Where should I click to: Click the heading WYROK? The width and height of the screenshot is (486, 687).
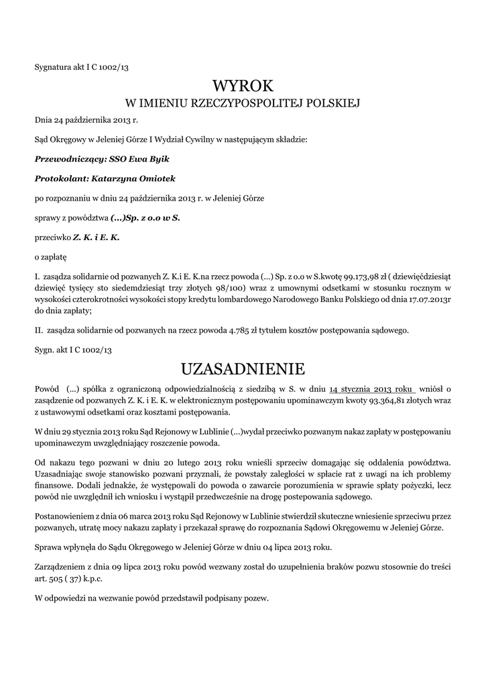[x=243, y=85]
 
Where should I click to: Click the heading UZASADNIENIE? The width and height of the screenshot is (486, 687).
[x=243, y=368]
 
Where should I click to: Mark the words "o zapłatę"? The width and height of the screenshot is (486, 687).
[x=51, y=256]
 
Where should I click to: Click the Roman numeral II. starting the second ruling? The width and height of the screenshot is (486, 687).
[x=39, y=330]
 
